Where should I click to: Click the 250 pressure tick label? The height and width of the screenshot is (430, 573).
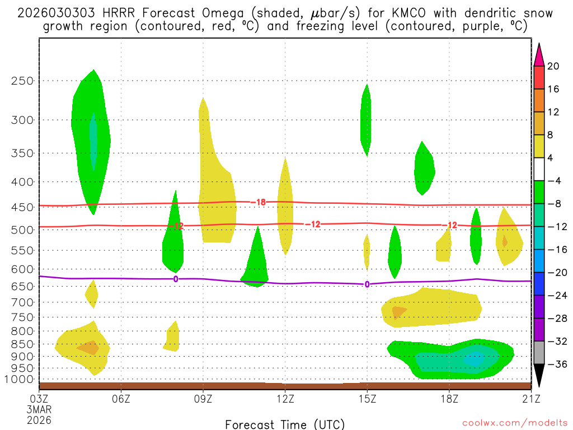pos(22,81)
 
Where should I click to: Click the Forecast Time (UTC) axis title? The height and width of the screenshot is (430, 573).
pos(285,424)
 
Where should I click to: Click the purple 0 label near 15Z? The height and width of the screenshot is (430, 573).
pos(367,284)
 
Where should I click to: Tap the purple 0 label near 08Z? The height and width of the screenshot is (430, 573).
pos(176,279)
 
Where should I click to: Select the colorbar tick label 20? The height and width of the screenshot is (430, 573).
pos(553,67)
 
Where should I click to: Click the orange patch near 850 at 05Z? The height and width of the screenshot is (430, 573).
pos(88,348)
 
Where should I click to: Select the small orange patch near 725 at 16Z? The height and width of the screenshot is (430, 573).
pos(399,311)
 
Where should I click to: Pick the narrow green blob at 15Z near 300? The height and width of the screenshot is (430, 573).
pos(366,120)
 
